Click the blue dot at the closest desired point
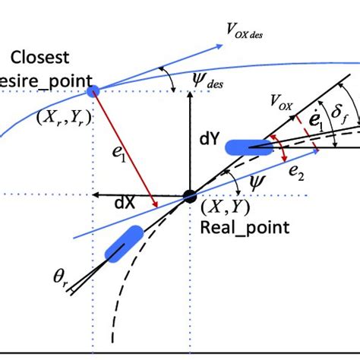tap(93, 91)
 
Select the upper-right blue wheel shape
tap(248, 148)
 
